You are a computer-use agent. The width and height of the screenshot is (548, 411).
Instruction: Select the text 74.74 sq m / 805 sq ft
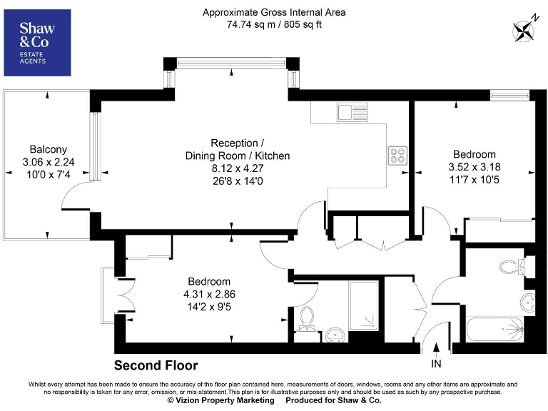point(273,24)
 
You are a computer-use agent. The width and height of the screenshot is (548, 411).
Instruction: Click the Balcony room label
point(49,149)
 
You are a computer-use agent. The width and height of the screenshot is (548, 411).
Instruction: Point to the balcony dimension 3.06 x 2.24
point(49,162)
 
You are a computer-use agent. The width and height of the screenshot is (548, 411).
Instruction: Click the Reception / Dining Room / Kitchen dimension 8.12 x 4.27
point(238,168)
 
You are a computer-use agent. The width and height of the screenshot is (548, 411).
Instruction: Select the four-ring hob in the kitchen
point(397,156)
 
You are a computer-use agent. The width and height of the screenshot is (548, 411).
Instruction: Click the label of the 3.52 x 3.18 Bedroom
point(475,155)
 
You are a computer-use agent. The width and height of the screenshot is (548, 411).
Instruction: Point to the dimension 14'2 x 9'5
point(209,307)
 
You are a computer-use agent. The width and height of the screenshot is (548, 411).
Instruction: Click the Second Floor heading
point(156,365)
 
